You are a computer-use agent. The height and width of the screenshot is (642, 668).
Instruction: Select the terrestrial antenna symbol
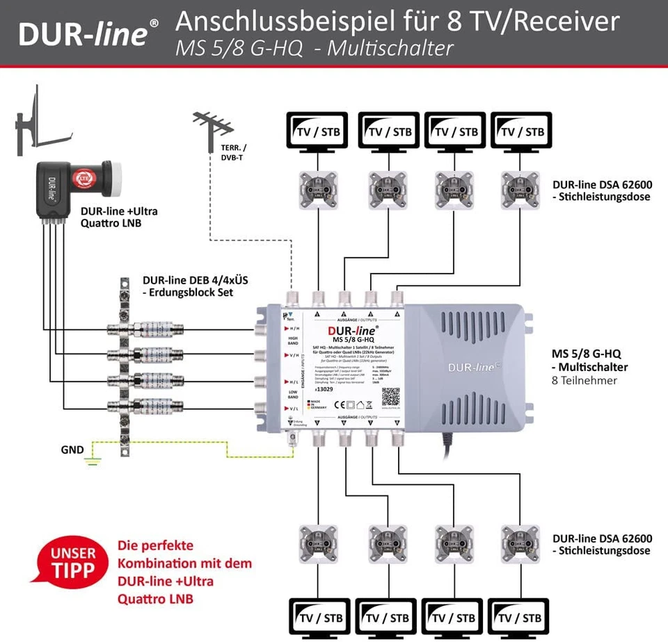[212, 133]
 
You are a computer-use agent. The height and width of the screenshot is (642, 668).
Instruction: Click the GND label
[73, 450]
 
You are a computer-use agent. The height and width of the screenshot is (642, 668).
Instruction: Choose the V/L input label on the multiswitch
[295, 409]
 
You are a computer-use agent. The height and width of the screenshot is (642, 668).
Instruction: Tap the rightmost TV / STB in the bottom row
[521, 616]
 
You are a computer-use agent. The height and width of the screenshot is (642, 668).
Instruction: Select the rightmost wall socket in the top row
[519, 190]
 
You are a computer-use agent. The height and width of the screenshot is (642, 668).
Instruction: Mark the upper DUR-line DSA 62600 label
[602, 190]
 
